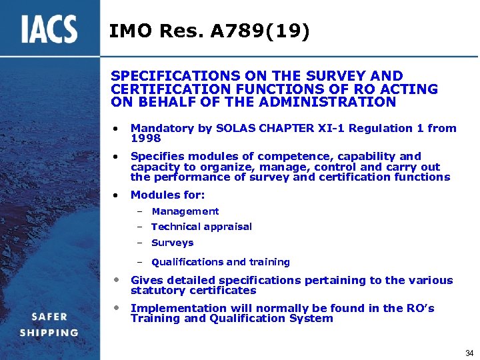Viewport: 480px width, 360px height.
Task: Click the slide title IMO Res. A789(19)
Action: tap(209, 31)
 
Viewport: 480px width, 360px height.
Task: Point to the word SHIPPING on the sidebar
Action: tap(49, 333)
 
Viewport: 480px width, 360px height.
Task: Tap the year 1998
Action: tap(145, 138)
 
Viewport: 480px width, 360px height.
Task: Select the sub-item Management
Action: tap(185, 211)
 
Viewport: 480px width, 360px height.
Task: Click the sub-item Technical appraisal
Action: tap(201, 227)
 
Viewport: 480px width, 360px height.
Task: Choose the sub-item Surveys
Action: tap(172, 243)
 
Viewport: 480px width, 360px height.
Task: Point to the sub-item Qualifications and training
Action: tap(221, 262)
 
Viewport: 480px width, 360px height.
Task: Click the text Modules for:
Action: tap(168, 195)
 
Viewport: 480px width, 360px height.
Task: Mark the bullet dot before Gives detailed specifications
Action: tap(116, 280)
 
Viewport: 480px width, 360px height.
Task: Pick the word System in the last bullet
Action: tap(311, 318)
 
